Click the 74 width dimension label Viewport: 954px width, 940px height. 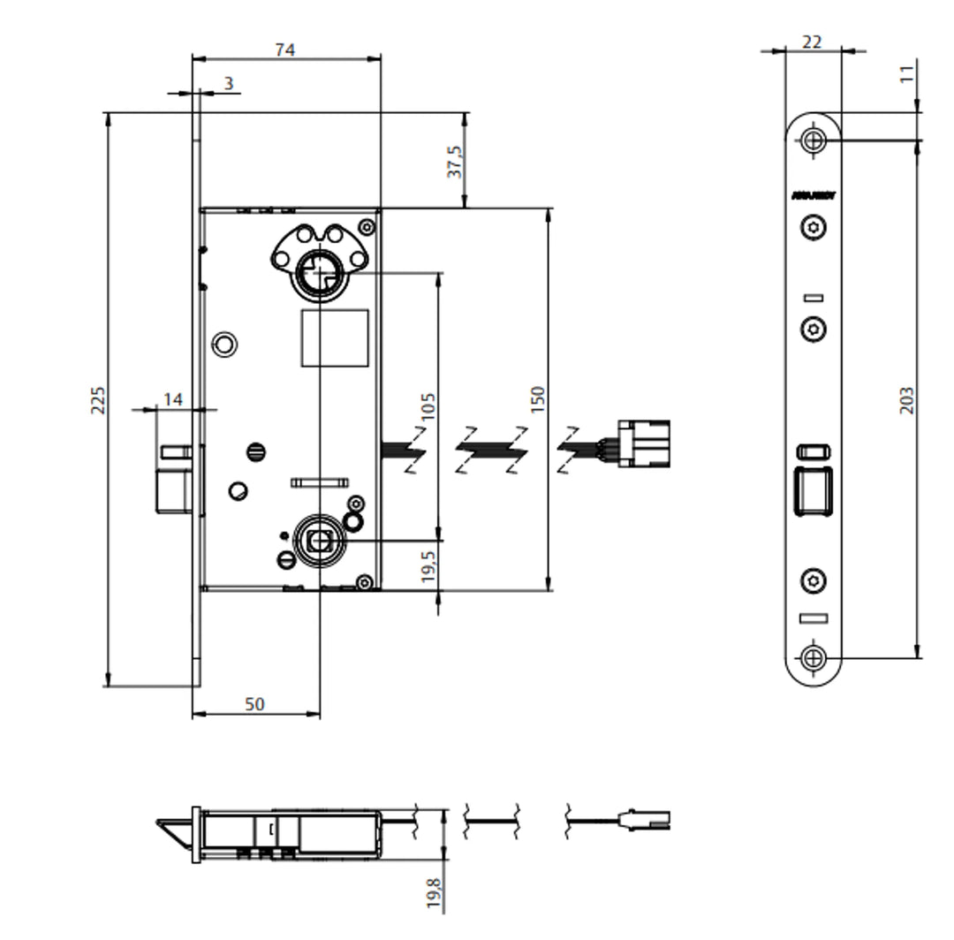click(x=284, y=50)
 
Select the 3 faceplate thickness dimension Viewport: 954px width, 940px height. click(x=229, y=83)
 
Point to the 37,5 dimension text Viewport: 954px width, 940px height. click(x=456, y=161)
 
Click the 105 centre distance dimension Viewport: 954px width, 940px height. click(x=428, y=406)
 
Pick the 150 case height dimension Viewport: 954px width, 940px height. click(x=539, y=399)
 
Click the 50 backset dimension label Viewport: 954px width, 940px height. click(x=254, y=703)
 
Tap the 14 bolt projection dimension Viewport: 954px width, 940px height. click(x=173, y=399)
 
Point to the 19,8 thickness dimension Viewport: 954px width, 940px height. click(x=433, y=894)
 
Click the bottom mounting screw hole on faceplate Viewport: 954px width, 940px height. click(x=814, y=657)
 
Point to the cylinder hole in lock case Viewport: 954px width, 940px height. click(x=319, y=270)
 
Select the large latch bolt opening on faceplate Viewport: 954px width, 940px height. click(x=814, y=491)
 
